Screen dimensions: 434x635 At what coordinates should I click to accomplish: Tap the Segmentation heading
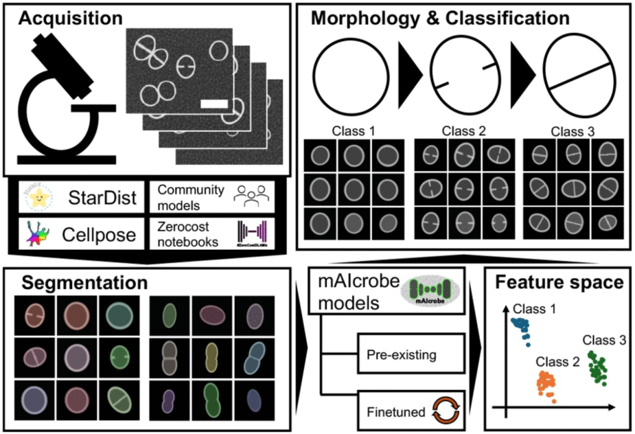click(84, 283)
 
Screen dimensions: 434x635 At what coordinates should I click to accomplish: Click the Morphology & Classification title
click(440, 17)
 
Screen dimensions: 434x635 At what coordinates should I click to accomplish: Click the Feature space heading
click(558, 283)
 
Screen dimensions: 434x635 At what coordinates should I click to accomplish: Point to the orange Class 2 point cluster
click(546, 386)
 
